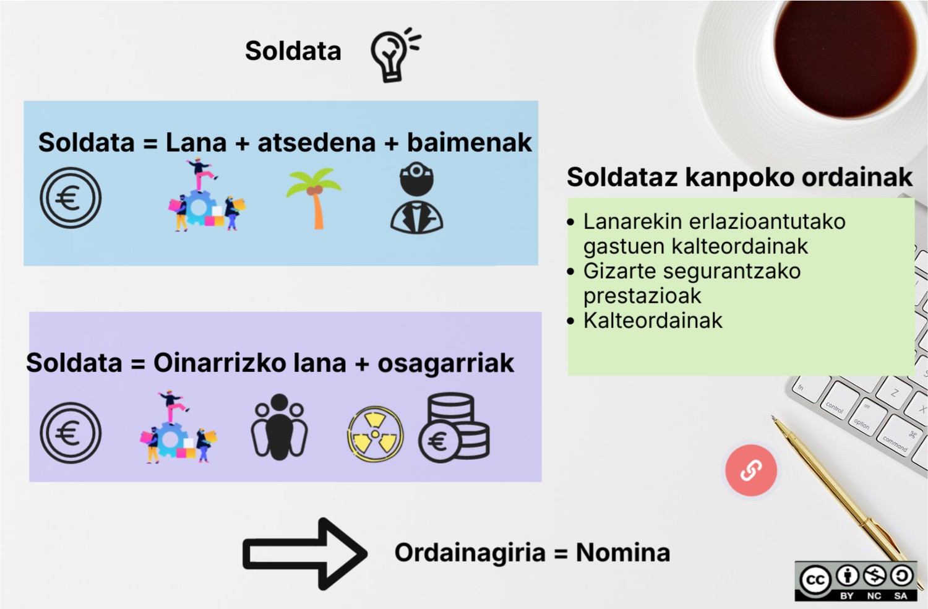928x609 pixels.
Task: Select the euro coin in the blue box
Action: pos(71,198)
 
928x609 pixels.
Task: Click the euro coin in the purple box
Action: pos(71,433)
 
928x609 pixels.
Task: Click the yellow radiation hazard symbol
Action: pos(375,434)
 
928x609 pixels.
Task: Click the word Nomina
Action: pos(622,553)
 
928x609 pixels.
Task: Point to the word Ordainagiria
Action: pos(470,553)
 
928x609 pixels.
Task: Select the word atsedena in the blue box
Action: pos(317,143)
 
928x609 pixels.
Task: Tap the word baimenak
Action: pos(469,143)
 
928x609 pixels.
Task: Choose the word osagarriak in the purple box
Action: pos(445,363)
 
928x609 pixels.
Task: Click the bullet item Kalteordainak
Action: pos(653,321)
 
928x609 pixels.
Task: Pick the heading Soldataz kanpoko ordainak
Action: pos(739,177)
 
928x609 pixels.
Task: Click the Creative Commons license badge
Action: pos(856,581)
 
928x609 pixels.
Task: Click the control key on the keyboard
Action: pos(835,407)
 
